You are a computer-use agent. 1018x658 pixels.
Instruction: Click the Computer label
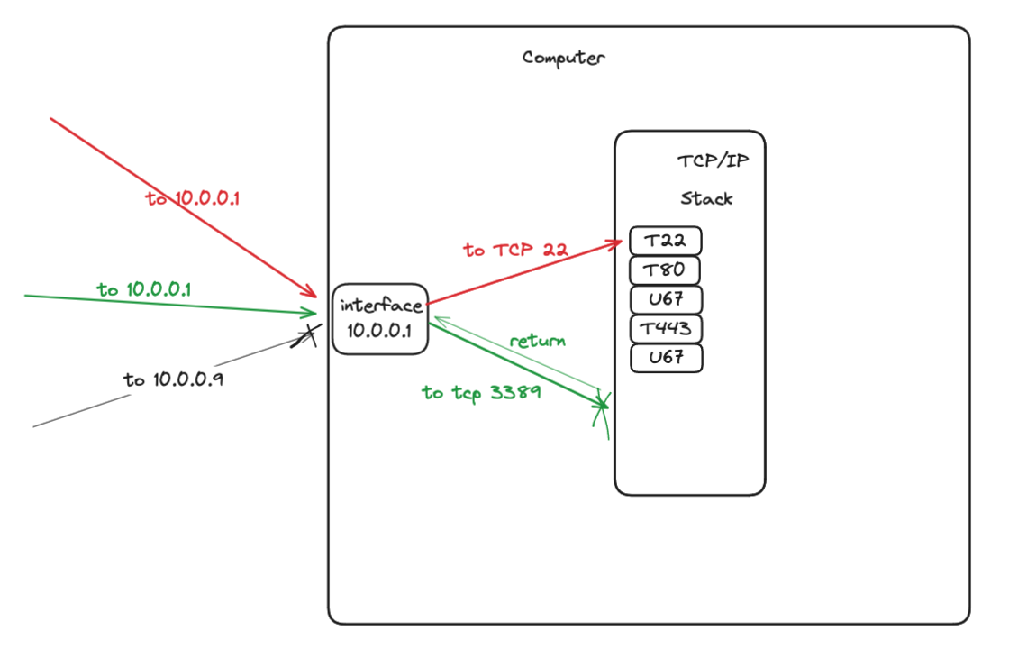pyautogui.click(x=563, y=59)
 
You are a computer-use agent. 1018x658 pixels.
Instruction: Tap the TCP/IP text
pyautogui.click(x=712, y=162)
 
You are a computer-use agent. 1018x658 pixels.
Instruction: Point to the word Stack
pyautogui.click(x=706, y=198)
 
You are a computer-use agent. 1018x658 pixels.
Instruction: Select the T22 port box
pyautogui.click(x=666, y=242)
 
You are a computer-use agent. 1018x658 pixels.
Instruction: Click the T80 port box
pyautogui.click(x=665, y=270)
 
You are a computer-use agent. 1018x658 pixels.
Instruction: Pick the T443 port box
pyautogui.click(x=666, y=328)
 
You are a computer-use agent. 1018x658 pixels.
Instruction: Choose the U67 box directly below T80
pyautogui.click(x=666, y=299)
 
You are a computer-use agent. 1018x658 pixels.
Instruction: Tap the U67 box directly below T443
pyautogui.click(x=666, y=358)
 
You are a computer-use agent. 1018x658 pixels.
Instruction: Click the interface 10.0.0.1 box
pyautogui.click(x=379, y=319)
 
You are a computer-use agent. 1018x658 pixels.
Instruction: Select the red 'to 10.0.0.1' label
pyautogui.click(x=192, y=198)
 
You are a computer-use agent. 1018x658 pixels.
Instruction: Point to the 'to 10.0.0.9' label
pyautogui.click(x=174, y=379)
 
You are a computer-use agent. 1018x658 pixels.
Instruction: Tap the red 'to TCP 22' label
pyautogui.click(x=515, y=250)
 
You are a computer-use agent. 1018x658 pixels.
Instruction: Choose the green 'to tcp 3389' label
pyautogui.click(x=481, y=392)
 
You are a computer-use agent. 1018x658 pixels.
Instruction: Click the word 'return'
pyautogui.click(x=537, y=341)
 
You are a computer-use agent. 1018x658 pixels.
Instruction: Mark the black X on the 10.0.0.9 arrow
pyautogui.click(x=305, y=336)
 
